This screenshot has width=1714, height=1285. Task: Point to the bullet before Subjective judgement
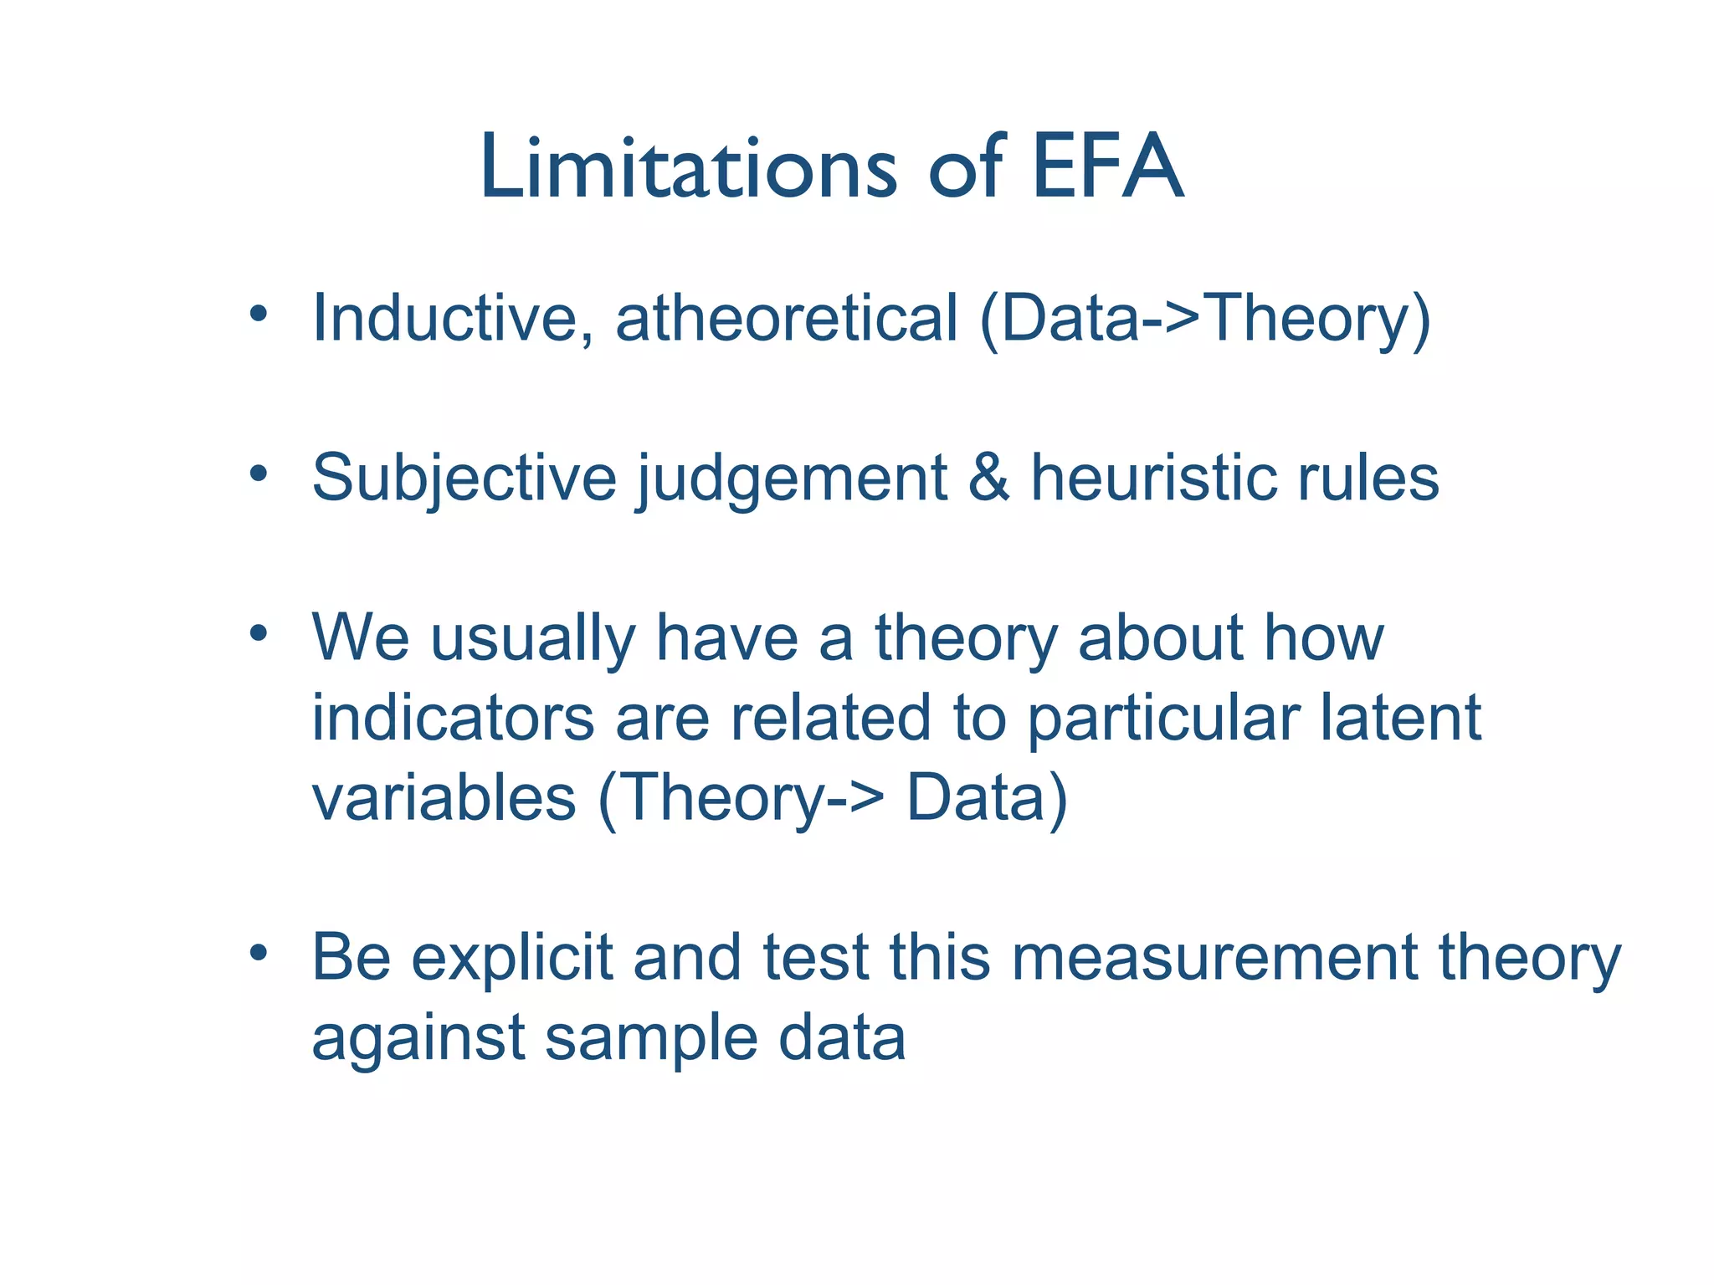coord(258,474)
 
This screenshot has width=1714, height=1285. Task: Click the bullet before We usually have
coord(258,633)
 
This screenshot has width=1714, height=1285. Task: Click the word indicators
coord(452,718)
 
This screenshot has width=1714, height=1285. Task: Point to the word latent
coord(1399,718)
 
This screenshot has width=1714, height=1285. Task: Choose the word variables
coord(444,797)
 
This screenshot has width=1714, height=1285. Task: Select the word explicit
coord(512,959)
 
